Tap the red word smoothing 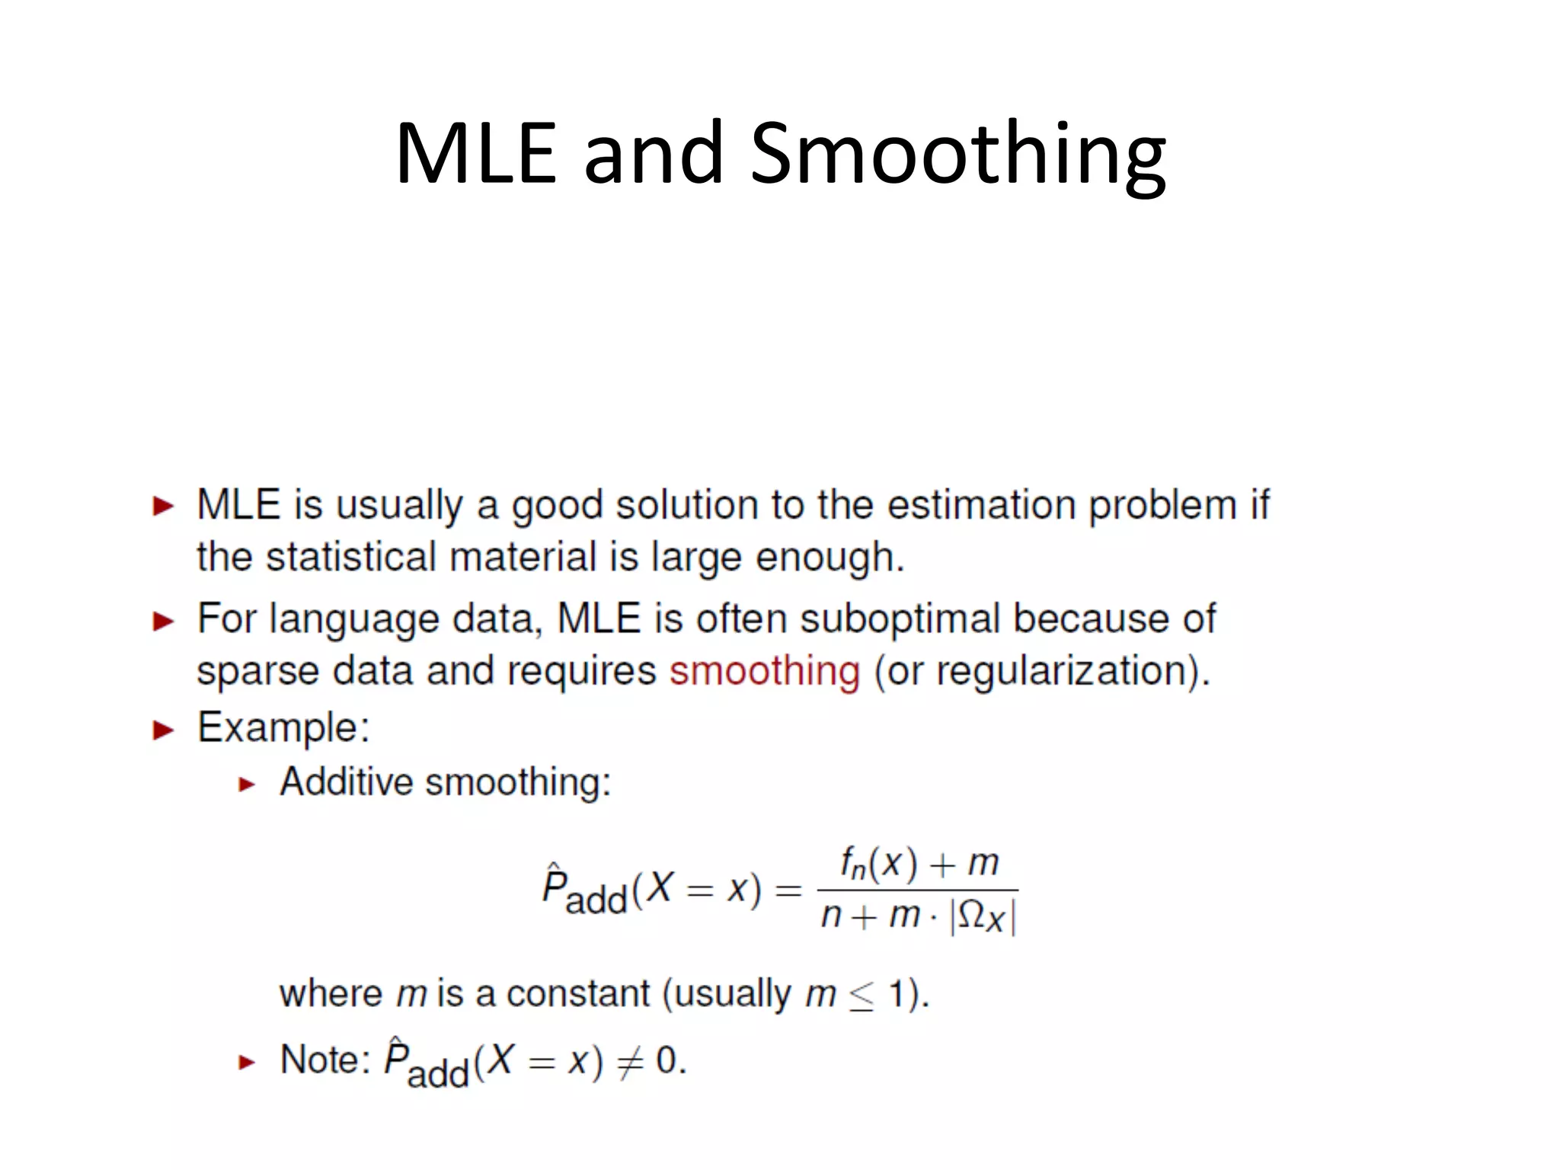click(765, 671)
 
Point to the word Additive click(346, 782)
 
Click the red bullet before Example click(163, 730)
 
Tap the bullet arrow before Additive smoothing click(246, 785)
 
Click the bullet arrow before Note click(246, 1062)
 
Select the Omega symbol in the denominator click(971, 914)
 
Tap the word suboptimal click(900, 618)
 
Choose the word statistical click(353, 557)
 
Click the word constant click(578, 994)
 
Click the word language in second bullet click(354, 619)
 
